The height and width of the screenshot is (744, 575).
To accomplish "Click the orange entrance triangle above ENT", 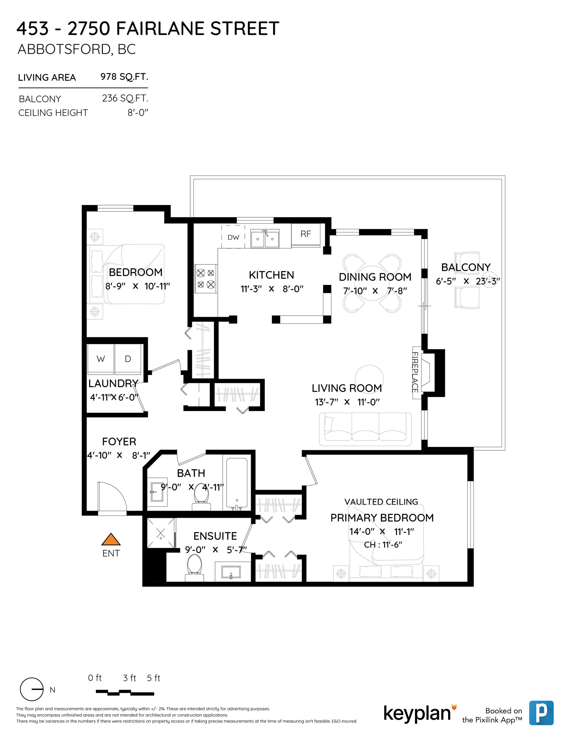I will coord(111,540).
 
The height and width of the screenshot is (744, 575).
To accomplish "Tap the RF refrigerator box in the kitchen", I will coord(306,234).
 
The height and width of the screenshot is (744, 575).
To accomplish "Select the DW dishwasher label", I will coord(233,237).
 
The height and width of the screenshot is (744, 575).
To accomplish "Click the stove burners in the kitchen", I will coord(206,278).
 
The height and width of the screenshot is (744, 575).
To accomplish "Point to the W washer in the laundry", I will coord(100,359).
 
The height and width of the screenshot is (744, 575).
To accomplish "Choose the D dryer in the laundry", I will coord(128,359).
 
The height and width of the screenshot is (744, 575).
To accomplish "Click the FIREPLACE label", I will coord(415,372).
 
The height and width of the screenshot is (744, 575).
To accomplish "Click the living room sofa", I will coord(365,429).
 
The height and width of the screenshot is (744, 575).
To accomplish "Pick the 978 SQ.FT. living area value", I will coord(124,77).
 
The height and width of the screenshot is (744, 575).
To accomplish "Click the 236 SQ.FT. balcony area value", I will coord(125,98).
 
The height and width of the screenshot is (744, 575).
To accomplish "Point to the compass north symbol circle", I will coord(32,689).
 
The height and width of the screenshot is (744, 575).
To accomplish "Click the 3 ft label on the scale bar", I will coord(129,678).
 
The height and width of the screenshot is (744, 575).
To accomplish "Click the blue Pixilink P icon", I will coord(541,713).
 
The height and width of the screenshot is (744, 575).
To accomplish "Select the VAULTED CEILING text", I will coord(381,502).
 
